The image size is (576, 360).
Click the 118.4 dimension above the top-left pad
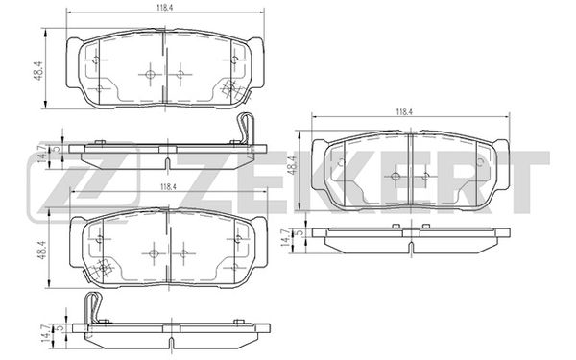click(x=166, y=8)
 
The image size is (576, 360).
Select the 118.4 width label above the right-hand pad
click(x=404, y=112)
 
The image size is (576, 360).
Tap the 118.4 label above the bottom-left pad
click(x=169, y=187)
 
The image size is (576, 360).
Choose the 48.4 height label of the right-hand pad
click(x=293, y=165)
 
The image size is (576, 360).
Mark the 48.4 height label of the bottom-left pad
click(x=41, y=251)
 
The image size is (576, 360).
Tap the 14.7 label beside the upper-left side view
click(x=42, y=153)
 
